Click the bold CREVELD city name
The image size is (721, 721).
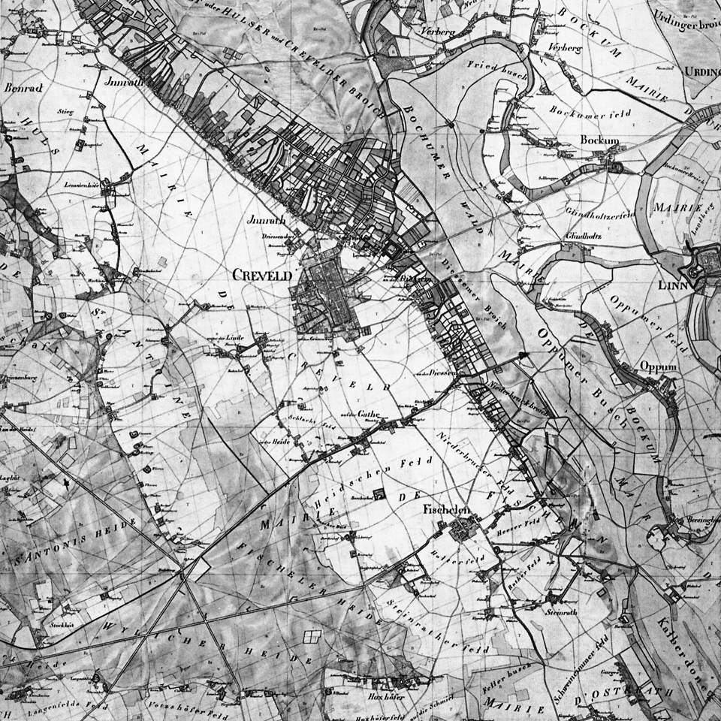click(x=262, y=276)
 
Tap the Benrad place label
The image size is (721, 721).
click(x=24, y=87)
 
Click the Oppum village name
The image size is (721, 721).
click(x=658, y=367)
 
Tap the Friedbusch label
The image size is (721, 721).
click(x=494, y=65)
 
